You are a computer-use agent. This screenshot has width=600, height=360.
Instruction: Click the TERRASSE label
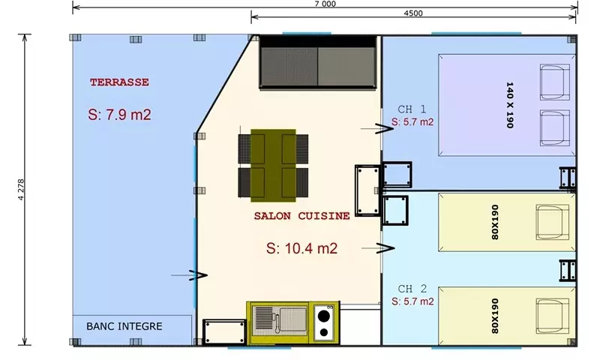(119, 82)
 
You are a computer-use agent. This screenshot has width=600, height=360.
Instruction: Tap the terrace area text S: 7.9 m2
(119, 115)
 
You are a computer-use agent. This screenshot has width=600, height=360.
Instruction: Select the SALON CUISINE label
(302, 216)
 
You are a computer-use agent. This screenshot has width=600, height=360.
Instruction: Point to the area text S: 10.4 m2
(302, 248)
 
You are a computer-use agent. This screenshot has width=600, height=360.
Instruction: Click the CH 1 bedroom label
(412, 109)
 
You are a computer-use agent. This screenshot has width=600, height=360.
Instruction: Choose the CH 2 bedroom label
(412, 289)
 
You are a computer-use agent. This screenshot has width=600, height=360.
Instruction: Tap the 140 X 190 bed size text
(509, 105)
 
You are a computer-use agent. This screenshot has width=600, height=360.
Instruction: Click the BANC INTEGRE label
(124, 326)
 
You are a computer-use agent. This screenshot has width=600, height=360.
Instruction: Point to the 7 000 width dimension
(325, 4)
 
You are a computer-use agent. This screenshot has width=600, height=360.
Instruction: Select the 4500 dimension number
(413, 13)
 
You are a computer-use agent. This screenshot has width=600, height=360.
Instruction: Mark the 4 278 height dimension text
(21, 189)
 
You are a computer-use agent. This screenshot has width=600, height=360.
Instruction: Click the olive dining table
(273, 165)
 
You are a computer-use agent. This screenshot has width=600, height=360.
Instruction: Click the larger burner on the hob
(324, 316)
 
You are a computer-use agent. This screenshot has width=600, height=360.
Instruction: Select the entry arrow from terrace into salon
(189, 275)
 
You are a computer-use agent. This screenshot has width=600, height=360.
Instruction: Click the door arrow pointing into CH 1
(377, 129)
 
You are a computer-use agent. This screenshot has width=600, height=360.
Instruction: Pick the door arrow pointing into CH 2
(378, 248)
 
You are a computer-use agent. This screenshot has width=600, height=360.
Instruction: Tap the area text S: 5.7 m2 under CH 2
(412, 301)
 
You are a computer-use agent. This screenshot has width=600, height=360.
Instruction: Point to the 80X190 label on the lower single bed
(495, 316)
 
